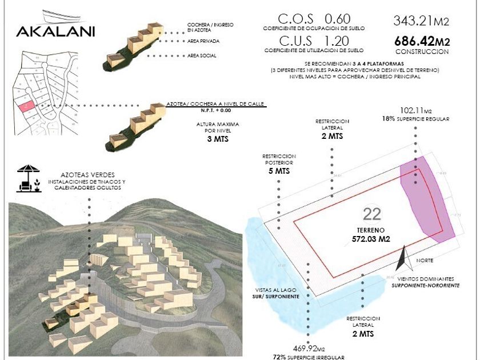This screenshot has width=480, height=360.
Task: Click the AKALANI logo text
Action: tap(55, 31)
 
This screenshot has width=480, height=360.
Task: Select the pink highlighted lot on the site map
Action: tap(26, 106)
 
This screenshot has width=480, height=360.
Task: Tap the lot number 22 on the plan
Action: tap(372, 215)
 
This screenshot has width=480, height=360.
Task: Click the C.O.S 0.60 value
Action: tap(314, 19)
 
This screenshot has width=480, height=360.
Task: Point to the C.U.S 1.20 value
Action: tap(314, 42)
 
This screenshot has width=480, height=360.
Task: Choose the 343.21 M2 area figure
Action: tap(421, 21)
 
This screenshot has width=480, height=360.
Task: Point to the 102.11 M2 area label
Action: tap(415, 110)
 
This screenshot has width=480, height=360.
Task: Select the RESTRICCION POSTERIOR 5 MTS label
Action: tap(279, 163)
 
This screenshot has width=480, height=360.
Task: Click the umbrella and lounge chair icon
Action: tap(27, 178)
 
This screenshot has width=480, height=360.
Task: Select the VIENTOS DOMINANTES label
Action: tap(427, 281)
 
